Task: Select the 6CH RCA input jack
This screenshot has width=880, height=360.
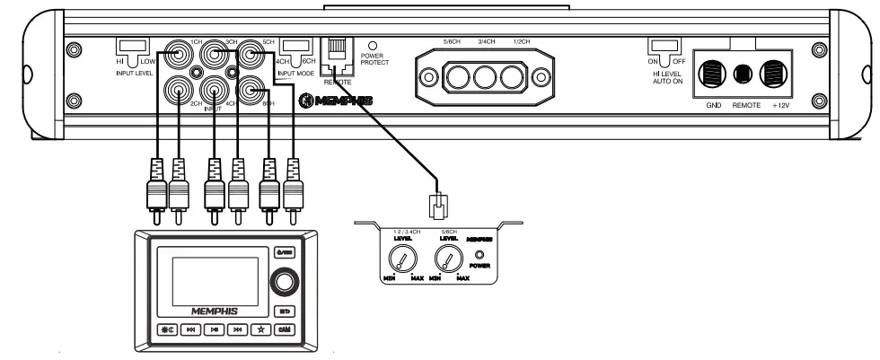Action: point(251,91)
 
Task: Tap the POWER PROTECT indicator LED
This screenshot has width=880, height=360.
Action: point(373,44)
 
